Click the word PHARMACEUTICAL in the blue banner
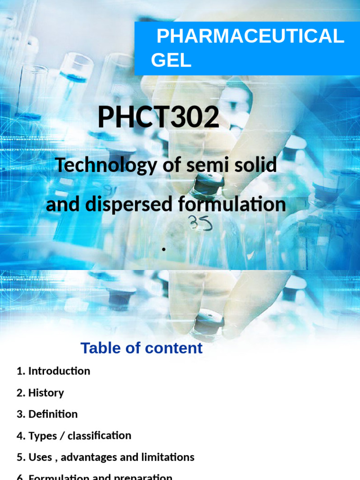tap(250, 37)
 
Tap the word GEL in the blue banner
tap(171, 60)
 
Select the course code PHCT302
tap(158, 118)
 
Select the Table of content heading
tap(141, 348)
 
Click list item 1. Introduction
tap(53, 371)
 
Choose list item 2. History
tap(40, 393)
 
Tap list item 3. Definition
tap(47, 414)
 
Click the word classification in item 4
tap(99, 436)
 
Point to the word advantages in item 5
tap(89, 457)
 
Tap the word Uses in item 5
tap(40, 457)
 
